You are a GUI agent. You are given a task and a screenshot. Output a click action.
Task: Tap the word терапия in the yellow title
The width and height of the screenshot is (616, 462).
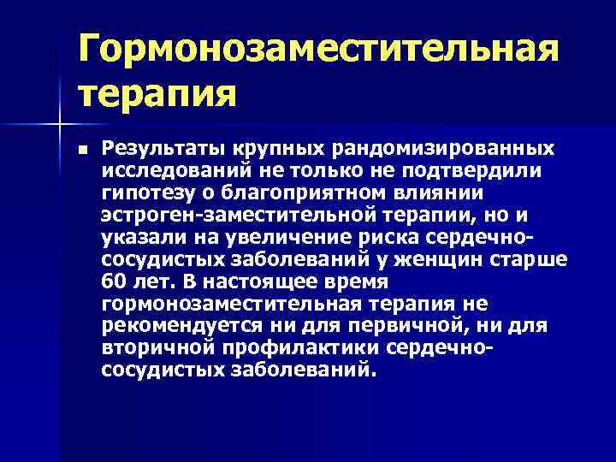(x=157, y=91)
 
